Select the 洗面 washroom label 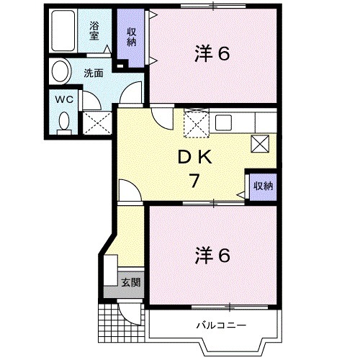coord(92,73)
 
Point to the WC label coord(62,99)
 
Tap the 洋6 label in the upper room coord(212,54)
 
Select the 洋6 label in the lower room coord(212,255)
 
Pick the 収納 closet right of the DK coord(262,186)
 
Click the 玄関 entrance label coord(130,282)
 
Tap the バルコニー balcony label coord(221,325)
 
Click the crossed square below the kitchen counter coord(260,143)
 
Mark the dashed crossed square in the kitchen coord(196,123)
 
